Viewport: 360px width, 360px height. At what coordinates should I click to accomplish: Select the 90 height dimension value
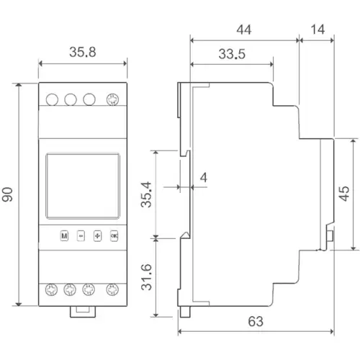(x=9, y=194)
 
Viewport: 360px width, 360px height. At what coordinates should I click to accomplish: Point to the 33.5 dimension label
(x=231, y=55)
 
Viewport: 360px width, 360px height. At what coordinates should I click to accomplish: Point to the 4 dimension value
(x=204, y=178)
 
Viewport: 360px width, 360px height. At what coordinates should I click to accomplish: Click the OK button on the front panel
(x=113, y=235)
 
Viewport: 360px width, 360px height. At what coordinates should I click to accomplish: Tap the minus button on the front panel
(x=80, y=235)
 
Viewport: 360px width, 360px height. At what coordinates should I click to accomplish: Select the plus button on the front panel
(x=96, y=235)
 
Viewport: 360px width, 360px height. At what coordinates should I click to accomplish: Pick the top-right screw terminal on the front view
(x=112, y=101)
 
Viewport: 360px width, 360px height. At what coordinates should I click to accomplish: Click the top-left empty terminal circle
(x=51, y=101)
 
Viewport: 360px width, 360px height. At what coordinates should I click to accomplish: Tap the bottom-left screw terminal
(x=51, y=290)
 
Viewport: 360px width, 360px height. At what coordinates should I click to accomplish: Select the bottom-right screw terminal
(x=112, y=290)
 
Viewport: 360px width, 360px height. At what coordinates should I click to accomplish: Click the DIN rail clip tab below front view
(x=81, y=312)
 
